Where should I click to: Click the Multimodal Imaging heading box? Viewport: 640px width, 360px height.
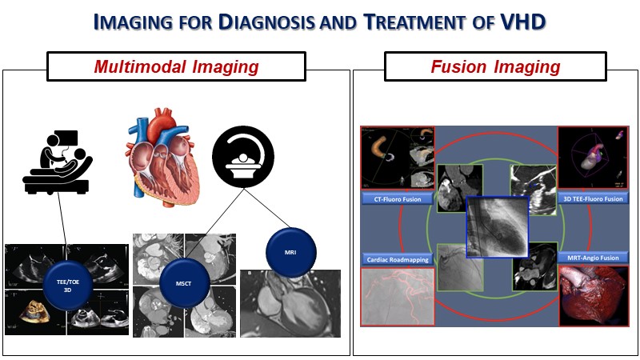click(176, 66)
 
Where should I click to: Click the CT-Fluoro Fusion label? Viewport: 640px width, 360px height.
click(398, 197)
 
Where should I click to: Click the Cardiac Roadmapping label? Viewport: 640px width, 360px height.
click(398, 259)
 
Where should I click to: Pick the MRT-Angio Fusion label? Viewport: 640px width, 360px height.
click(593, 259)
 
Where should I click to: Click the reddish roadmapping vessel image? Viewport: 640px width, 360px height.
click(398, 296)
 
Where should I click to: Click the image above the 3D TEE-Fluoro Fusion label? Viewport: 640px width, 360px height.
click(593, 158)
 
